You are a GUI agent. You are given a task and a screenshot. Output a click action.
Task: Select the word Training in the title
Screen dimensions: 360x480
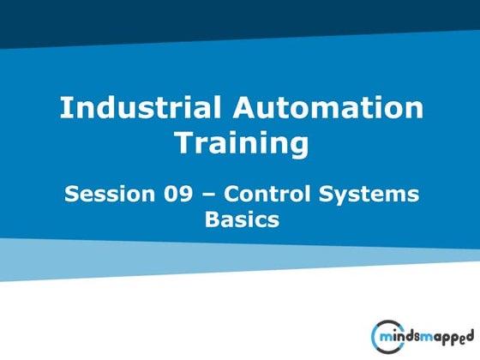(x=241, y=143)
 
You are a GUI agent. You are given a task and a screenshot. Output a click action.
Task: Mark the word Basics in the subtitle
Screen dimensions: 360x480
(x=242, y=219)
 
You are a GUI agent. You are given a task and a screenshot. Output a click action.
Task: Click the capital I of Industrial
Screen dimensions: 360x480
(x=63, y=109)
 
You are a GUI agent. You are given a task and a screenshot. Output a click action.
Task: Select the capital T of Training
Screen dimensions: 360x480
(x=183, y=143)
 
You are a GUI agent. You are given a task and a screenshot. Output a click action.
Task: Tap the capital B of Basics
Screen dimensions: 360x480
(x=211, y=219)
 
